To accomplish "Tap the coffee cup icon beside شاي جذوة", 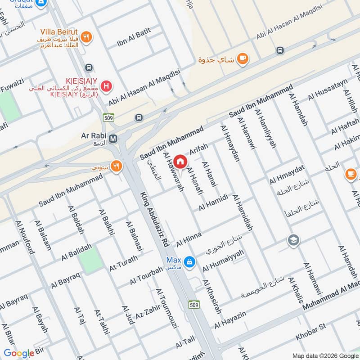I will tap(243, 59).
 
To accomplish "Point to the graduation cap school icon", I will tap(293, 240).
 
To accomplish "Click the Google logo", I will tap(19, 353).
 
